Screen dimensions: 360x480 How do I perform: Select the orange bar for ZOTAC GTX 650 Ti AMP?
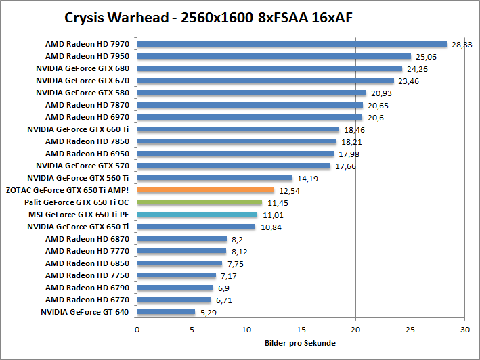pos(205,190)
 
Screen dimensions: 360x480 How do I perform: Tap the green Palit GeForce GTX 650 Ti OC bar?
pos(199,202)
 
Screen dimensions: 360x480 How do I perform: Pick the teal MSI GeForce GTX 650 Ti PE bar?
pos(197,215)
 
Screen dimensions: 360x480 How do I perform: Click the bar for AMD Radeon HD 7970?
pos(292,44)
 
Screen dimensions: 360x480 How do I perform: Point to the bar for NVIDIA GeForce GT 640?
pos(166,312)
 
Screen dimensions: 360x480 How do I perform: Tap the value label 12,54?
pos(288,190)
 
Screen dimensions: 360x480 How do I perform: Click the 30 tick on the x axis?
pos(464,330)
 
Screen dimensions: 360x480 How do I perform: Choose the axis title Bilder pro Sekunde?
pos(300,343)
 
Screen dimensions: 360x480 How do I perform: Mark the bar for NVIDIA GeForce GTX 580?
pos(251,93)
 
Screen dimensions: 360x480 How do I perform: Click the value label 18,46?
pos(354,129)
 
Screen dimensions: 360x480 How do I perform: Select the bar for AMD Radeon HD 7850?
pos(236,141)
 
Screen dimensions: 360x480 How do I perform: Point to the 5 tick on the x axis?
pos(192,330)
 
